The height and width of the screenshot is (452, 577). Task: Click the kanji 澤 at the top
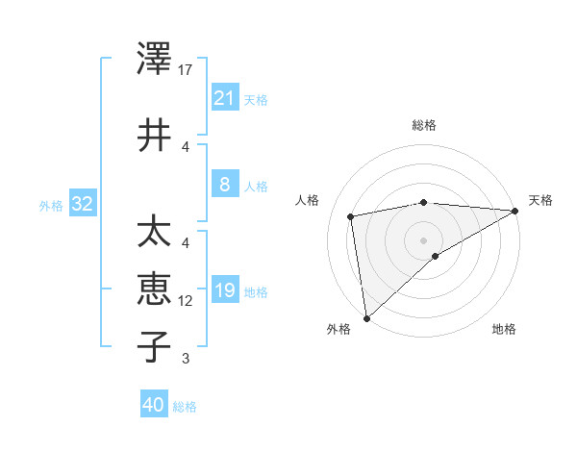coord(155,59)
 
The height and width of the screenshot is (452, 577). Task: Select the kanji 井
coord(155,136)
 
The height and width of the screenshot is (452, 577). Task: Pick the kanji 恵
coord(155,289)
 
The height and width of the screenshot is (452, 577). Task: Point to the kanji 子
coord(155,346)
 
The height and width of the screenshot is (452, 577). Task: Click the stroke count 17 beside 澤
coord(187,69)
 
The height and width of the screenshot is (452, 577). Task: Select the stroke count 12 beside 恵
coord(187,301)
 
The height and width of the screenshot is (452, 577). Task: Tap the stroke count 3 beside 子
coord(187,359)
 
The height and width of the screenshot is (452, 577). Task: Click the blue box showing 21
coord(224,97)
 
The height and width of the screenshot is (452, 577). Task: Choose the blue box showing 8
coord(224,185)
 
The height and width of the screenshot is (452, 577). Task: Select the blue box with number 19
coord(224,290)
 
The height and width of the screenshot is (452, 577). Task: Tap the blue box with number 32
coord(82,204)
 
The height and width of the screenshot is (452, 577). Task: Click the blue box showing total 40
coord(154,405)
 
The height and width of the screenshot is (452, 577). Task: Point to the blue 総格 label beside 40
coord(185,407)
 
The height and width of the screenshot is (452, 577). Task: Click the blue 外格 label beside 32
coord(51,205)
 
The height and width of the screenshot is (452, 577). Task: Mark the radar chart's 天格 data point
coord(515,212)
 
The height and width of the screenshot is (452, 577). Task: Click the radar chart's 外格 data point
coord(366,317)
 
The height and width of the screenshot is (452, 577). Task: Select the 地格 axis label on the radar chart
coord(504,330)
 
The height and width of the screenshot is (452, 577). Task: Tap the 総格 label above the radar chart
coord(424,125)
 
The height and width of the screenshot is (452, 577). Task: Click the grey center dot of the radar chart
coord(423,239)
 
